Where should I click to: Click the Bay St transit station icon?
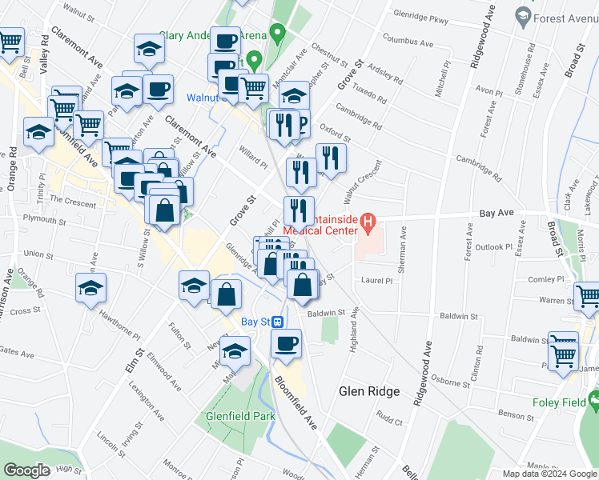tap(277, 322)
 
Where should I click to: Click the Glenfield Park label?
tap(240, 415)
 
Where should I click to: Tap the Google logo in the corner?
tap(26, 471)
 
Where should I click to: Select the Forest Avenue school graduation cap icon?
tap(524, 15)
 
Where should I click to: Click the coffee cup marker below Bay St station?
tap(285, 344)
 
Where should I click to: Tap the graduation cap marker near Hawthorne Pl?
tap(90, 288)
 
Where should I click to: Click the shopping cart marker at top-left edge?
tap(10, 41)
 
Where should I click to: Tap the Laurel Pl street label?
tap(377, 281)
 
